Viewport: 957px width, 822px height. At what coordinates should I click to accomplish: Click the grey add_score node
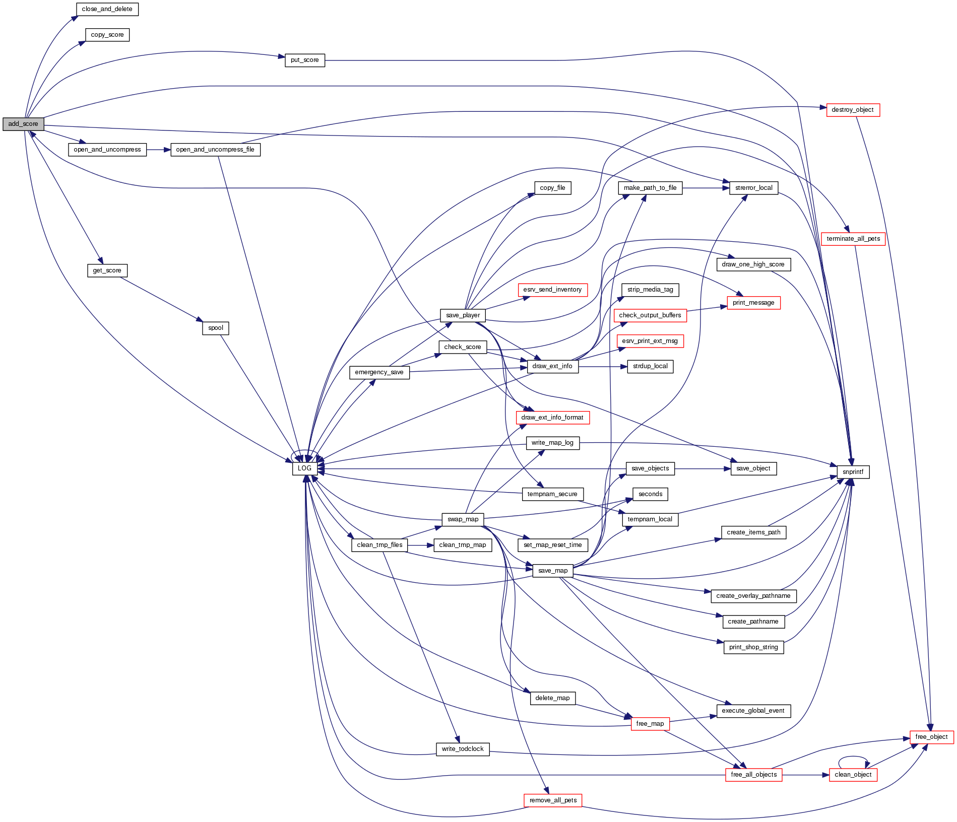click(x=23, y=124)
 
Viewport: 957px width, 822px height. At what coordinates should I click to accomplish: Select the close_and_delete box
click(x=107, y=9)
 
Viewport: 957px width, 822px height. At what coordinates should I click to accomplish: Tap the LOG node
click(x=304, y=468)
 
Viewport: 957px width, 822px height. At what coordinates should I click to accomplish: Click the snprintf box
click(x=853, y=472)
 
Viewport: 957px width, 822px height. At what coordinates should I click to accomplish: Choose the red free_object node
click(x=931, y=737)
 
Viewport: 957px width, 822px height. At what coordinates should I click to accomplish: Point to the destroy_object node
click(x=853, y=110)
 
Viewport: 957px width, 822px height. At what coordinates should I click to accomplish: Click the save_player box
click(x=463, y=315)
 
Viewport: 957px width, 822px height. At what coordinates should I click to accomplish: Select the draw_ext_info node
click(x=552, y=366)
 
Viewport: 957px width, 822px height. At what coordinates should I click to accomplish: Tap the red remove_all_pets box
click(x=553, y=800)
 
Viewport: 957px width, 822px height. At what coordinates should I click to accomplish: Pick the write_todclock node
click(x=462, y=749)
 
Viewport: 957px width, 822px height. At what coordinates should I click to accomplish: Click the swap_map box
click(x=463, y=519)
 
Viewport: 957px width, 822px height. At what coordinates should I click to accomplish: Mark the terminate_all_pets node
click(x=853, y=239)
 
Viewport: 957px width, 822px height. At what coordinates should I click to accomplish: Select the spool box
click(x=216, y=328)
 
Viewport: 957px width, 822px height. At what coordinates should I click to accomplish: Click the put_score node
click(x=304, y=60)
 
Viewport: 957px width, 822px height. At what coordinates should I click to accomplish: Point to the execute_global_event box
click(x=753, y=711)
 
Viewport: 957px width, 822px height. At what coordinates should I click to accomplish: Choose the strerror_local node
click(x=753, y=188)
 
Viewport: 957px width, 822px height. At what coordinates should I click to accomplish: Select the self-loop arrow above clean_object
click(x=853, y=757)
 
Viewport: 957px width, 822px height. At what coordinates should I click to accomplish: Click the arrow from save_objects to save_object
click(x=703, y=468)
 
